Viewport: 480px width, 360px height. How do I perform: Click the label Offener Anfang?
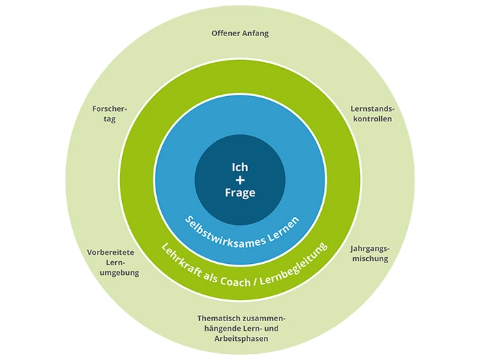pyautogui.click(x=240, y=33)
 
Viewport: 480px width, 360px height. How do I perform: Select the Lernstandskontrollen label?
pyautogui.click(x=372, y=114)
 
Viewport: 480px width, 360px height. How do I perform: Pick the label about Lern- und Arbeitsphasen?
pyautogui.click(x=240, y=329)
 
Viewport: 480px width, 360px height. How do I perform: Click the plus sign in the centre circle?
pyautogui.click(x=240, y=179)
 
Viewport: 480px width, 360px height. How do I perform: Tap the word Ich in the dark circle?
pyautogui.click(x=240, y=167)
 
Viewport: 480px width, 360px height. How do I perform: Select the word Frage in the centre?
pyautogui.click(x=240, y=193)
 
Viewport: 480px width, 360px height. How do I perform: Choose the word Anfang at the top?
pyautogui.click(x=256, y=33)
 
